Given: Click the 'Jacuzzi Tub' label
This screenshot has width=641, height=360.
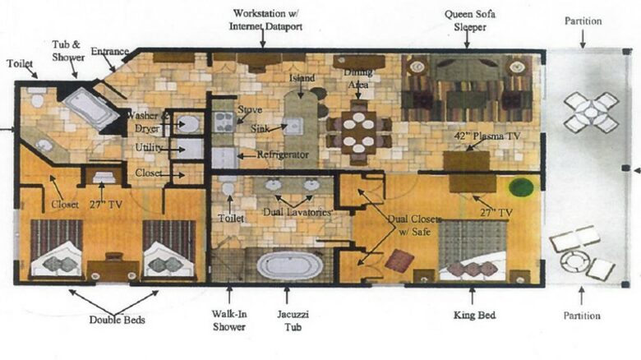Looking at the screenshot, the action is coord(293,321).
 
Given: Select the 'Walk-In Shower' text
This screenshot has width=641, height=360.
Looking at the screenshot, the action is coord(229,321).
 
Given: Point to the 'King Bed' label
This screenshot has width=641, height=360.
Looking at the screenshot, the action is coord(474,315).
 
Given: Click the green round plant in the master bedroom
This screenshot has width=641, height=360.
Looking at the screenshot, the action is coord(521,187).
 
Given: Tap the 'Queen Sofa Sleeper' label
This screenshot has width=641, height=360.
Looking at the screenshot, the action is coord(470,21).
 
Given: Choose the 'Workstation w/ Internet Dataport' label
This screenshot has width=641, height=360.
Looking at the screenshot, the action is coord(265,20).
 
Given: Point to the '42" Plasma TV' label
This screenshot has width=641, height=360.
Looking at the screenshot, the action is coord(487,136).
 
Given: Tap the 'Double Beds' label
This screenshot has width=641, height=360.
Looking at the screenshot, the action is coord(117,320).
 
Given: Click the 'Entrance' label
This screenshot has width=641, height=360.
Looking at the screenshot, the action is coord(109,51).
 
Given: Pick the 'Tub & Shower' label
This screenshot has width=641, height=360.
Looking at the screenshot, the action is coord(68,51).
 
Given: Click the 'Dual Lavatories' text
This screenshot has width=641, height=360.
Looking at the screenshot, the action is coord(297,212).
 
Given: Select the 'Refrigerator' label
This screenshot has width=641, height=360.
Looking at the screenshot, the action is coord(283,155).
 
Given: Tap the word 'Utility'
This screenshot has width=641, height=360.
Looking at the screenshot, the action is coord(149,147).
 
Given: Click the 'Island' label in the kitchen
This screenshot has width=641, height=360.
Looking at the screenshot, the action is coord(302,78).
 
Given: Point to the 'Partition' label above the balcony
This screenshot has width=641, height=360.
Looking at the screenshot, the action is coord(583,21).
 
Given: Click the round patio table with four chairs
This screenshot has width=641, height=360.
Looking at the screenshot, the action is coord(591,112).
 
